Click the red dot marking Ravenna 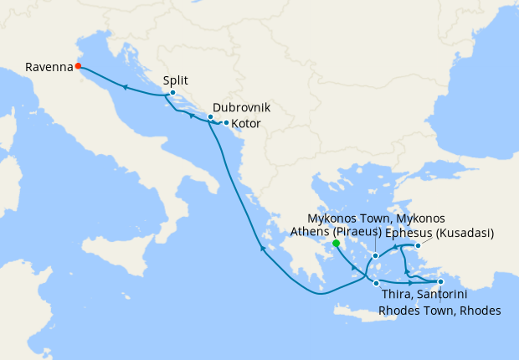coord(78,65)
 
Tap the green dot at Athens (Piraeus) coord(336,244)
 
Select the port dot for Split coord(172,93)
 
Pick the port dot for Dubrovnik coord(210,117)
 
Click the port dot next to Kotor coord(226,123)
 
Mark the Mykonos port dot coord(376,255)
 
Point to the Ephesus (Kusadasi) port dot coord(418,245)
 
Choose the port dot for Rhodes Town coord(440,269)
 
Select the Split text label coord(176,80)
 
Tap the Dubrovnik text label coord(241,108)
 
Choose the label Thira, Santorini coord(423,296)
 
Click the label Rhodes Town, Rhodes coord(439,311)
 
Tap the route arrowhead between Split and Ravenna coord(124,86)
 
